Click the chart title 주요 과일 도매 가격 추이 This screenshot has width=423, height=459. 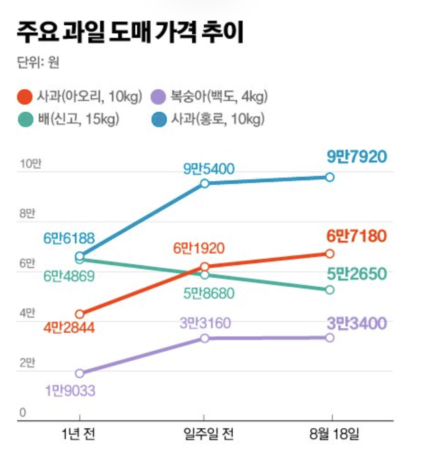coord(130,33)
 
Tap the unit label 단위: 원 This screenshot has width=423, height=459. coord(38,63)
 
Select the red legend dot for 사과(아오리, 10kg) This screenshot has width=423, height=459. coord(25,96)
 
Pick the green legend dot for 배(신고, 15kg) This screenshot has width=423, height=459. coord(25,120)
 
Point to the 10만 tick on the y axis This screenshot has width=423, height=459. coord(30,165)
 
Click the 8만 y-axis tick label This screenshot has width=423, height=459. coord(28,214)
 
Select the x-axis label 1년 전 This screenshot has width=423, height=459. coord(79,435)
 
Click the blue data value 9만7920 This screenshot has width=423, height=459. coord(357,157)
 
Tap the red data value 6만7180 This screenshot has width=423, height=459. coord(357,236)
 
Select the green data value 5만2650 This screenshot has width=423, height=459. coord(357,274)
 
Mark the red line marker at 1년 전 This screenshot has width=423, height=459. coord(79,314)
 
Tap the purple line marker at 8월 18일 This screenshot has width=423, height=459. coord(330,338)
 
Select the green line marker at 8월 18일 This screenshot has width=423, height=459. coord(330,289)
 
